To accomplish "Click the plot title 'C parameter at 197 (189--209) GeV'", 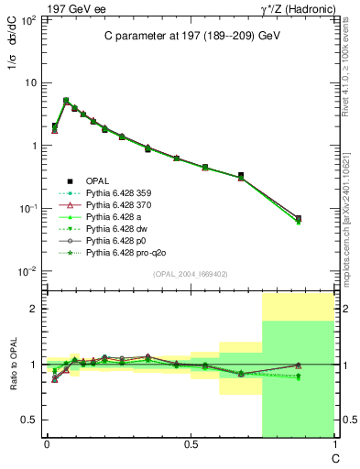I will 184,35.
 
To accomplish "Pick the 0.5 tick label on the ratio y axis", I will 29,420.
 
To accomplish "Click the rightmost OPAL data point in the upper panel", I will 298,218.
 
